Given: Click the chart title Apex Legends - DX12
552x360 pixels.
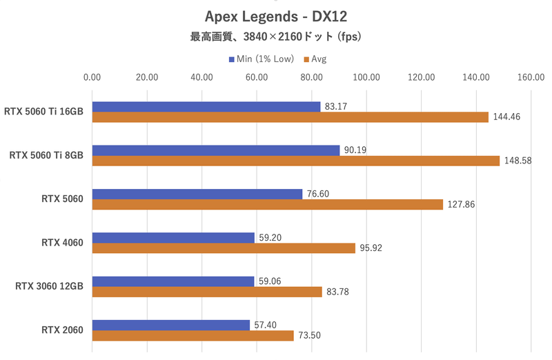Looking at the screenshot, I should coord(275,16).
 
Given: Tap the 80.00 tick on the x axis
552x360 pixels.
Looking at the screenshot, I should coord(311,77).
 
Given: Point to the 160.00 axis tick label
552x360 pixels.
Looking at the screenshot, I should coord(530,77).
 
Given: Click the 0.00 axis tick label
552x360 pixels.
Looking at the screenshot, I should coord(92,77).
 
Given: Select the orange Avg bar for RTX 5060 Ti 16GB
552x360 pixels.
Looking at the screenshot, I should coord(290,117).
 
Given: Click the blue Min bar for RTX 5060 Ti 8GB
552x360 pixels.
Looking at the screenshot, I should coord(215,150).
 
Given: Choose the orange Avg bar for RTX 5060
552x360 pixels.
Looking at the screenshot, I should coord(267,204).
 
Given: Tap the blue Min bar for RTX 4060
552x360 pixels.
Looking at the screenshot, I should coord(173,238).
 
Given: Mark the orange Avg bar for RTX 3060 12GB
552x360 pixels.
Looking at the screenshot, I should coord(207,292).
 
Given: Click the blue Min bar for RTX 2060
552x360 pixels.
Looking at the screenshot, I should coord(170,325).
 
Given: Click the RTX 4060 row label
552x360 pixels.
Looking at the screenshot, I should coord(62,243).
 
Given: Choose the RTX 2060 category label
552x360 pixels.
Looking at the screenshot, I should coord(62,330).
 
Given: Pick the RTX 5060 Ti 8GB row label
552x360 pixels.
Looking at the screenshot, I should coord(46,156).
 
